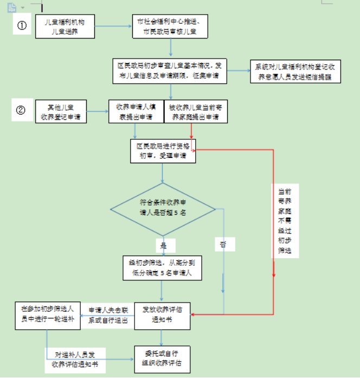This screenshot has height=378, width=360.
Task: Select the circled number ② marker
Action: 21,110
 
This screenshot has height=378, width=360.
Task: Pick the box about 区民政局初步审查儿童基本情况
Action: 169,71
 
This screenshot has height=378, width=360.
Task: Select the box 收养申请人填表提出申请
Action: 135,111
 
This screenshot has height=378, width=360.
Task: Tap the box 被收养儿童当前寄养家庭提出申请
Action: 195,111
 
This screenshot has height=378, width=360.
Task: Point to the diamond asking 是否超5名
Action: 163,209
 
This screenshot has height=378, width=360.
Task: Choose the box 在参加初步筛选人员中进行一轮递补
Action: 47,314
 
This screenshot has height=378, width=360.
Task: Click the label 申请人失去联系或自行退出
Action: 108,315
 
